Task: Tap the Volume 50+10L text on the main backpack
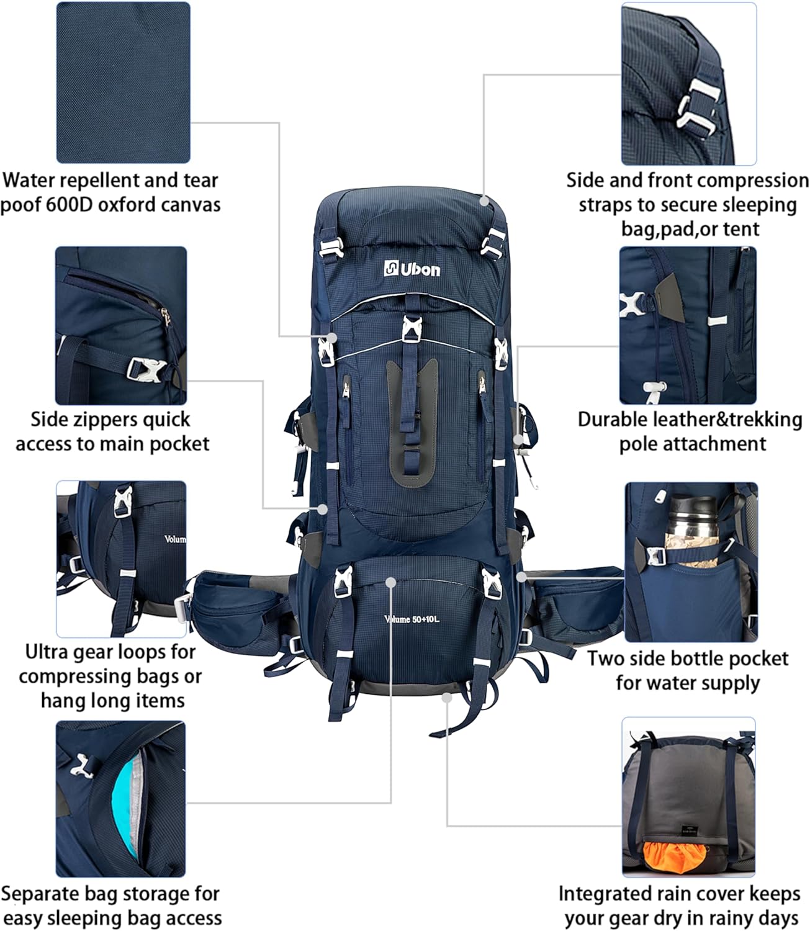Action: (412, 619)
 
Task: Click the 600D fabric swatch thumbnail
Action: (123, 82)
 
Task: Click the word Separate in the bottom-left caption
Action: (42, 894)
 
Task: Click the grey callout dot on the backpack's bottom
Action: (446, 697)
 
